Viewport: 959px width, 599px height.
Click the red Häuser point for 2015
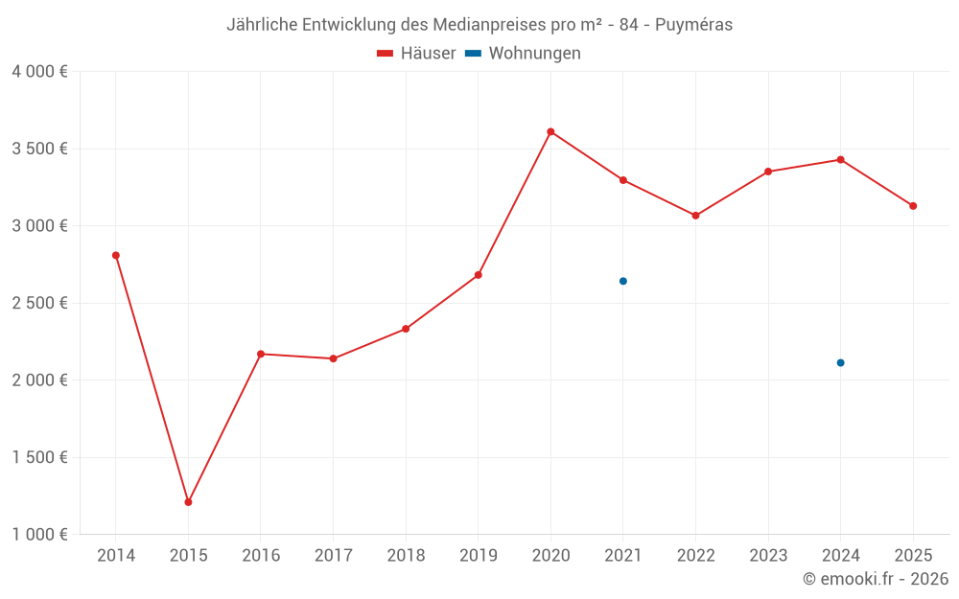[x=188, y=502]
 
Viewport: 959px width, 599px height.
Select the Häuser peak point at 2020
[x=550, y=131]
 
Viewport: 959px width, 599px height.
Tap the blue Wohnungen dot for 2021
[x=623, y=281]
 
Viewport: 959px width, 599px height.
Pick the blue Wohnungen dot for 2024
[x=840, y=362]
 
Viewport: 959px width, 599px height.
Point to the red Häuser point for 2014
[x=116, y=255]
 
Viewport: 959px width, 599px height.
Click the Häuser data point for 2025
[x=913, y=206]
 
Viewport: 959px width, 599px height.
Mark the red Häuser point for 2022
[x=695, y=216]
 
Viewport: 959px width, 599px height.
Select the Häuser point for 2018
[x=406, y=329]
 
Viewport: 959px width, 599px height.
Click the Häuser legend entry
[x=416, y=54]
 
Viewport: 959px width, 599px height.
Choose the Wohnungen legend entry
[x=523, y=54]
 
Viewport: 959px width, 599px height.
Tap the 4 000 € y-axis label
[x=39, y=72]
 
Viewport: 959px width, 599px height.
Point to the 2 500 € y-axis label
[x=39, y=303]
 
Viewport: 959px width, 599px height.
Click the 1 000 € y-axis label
[x=39, y=535]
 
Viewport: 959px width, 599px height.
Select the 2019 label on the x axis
[x=478, y=556]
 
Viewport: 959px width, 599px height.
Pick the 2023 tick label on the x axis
[x=768, y=556]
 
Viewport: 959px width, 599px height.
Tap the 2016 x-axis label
[x=261, y=556]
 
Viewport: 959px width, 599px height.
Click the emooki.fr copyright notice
[x=876, y=579]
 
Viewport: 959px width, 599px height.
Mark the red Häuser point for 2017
[x=333, y=358]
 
